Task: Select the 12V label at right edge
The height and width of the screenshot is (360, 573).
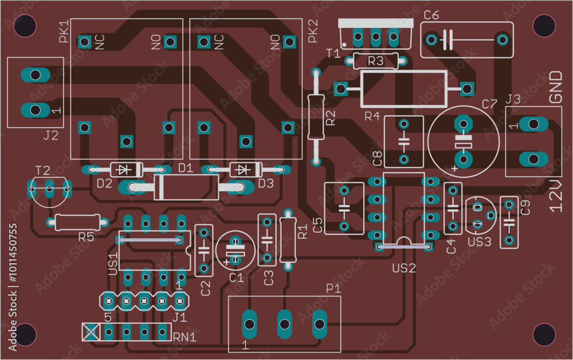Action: point(556,195)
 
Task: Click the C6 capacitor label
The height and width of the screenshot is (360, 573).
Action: point(431,15)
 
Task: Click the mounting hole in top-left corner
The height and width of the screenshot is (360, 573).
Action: point(26,26)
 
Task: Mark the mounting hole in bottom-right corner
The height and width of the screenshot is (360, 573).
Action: point(543,334)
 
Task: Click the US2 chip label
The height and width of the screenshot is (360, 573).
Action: point(403,268)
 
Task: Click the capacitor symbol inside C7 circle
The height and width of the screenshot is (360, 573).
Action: point(463,141)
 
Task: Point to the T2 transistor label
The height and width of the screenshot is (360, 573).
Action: point(42,170)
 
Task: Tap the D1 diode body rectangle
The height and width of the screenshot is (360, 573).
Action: point(186,187)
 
